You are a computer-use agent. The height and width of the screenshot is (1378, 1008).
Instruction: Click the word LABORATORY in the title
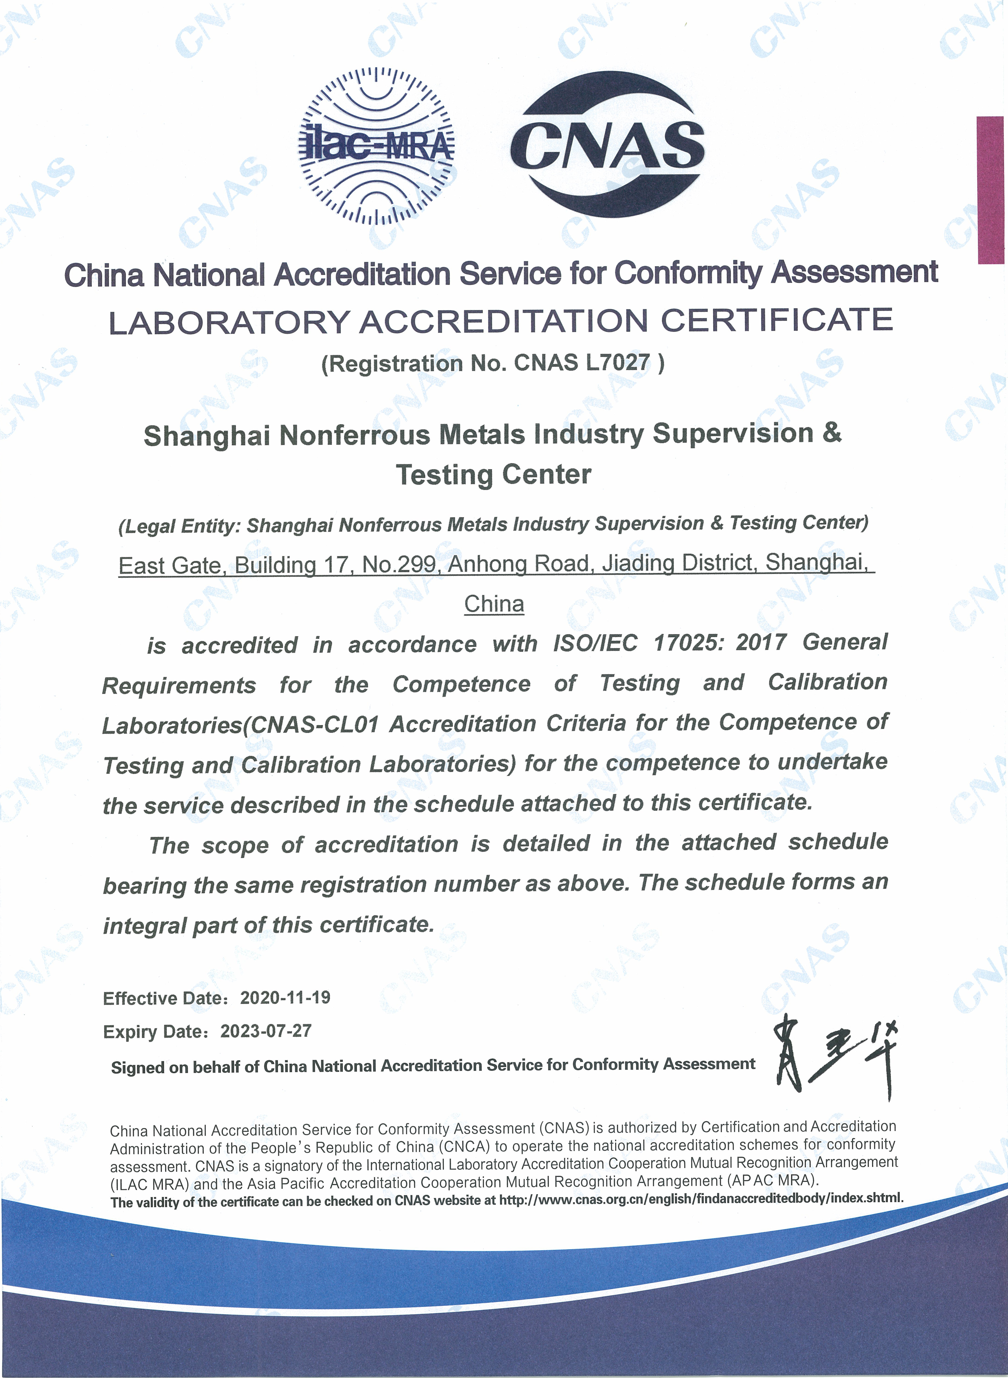tap(229, 322)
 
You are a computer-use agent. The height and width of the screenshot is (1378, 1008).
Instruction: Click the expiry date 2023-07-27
tap(266, 1031)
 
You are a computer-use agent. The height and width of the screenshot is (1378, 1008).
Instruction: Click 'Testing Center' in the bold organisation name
tap(494, 474)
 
